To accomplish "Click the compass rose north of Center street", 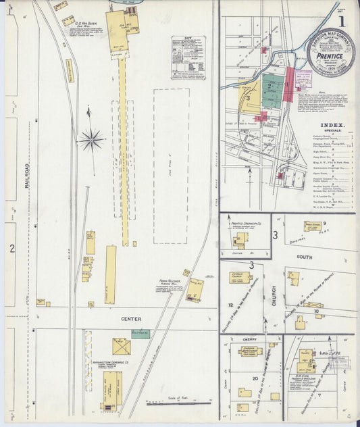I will tap(91, 140).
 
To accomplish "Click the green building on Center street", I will tap(140, 333).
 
